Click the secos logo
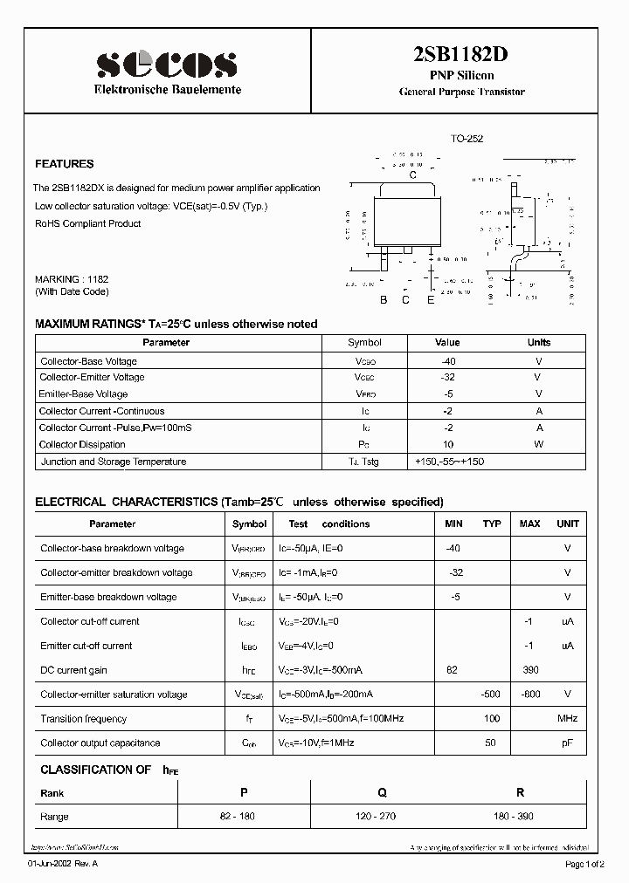point(166,64)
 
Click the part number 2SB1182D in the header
point(460,55)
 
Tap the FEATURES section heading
point(64,164)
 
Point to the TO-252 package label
point(467,139)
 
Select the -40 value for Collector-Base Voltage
point(447,361)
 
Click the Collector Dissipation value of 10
point(447,445)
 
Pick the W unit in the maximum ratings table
point(539,445)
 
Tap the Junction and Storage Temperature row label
point(114,462)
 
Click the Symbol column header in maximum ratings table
point(364,343)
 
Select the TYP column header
point(492,524)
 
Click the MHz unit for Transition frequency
point(567,719)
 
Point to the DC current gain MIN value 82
point(452,670)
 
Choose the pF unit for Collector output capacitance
point(567,743)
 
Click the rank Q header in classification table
point(382,793)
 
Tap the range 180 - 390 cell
point(520,817)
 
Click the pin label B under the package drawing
point(383,301)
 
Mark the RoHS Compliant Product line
point(87,223)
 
